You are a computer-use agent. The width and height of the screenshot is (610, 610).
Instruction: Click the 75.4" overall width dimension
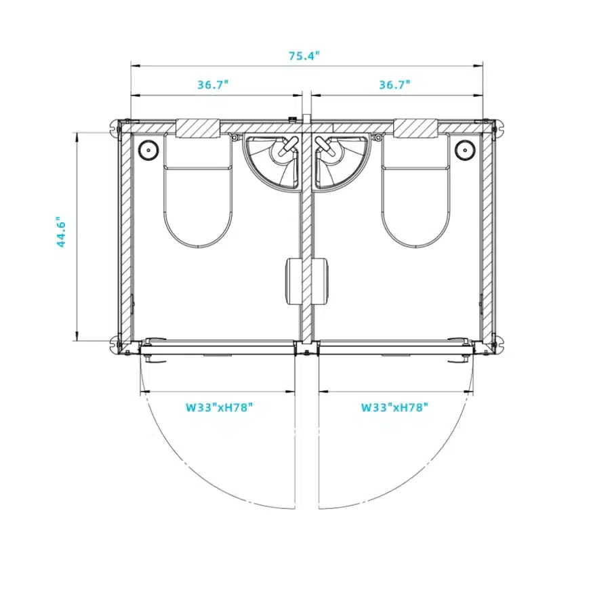coord(304,56)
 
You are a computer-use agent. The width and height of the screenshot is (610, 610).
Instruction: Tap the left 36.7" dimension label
coord(213,85)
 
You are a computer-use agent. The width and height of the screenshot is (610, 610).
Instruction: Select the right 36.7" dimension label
coord(394,85)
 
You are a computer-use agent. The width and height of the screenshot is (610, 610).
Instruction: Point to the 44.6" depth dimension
coord(61,232)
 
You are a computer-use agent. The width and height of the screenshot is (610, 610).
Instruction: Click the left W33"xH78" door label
coord(219,407)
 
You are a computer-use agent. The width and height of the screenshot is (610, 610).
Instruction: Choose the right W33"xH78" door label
coord(394,407)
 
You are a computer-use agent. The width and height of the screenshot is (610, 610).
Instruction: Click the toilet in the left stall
coord(198,190)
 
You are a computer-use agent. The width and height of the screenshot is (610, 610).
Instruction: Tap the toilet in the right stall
coord(416,190)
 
